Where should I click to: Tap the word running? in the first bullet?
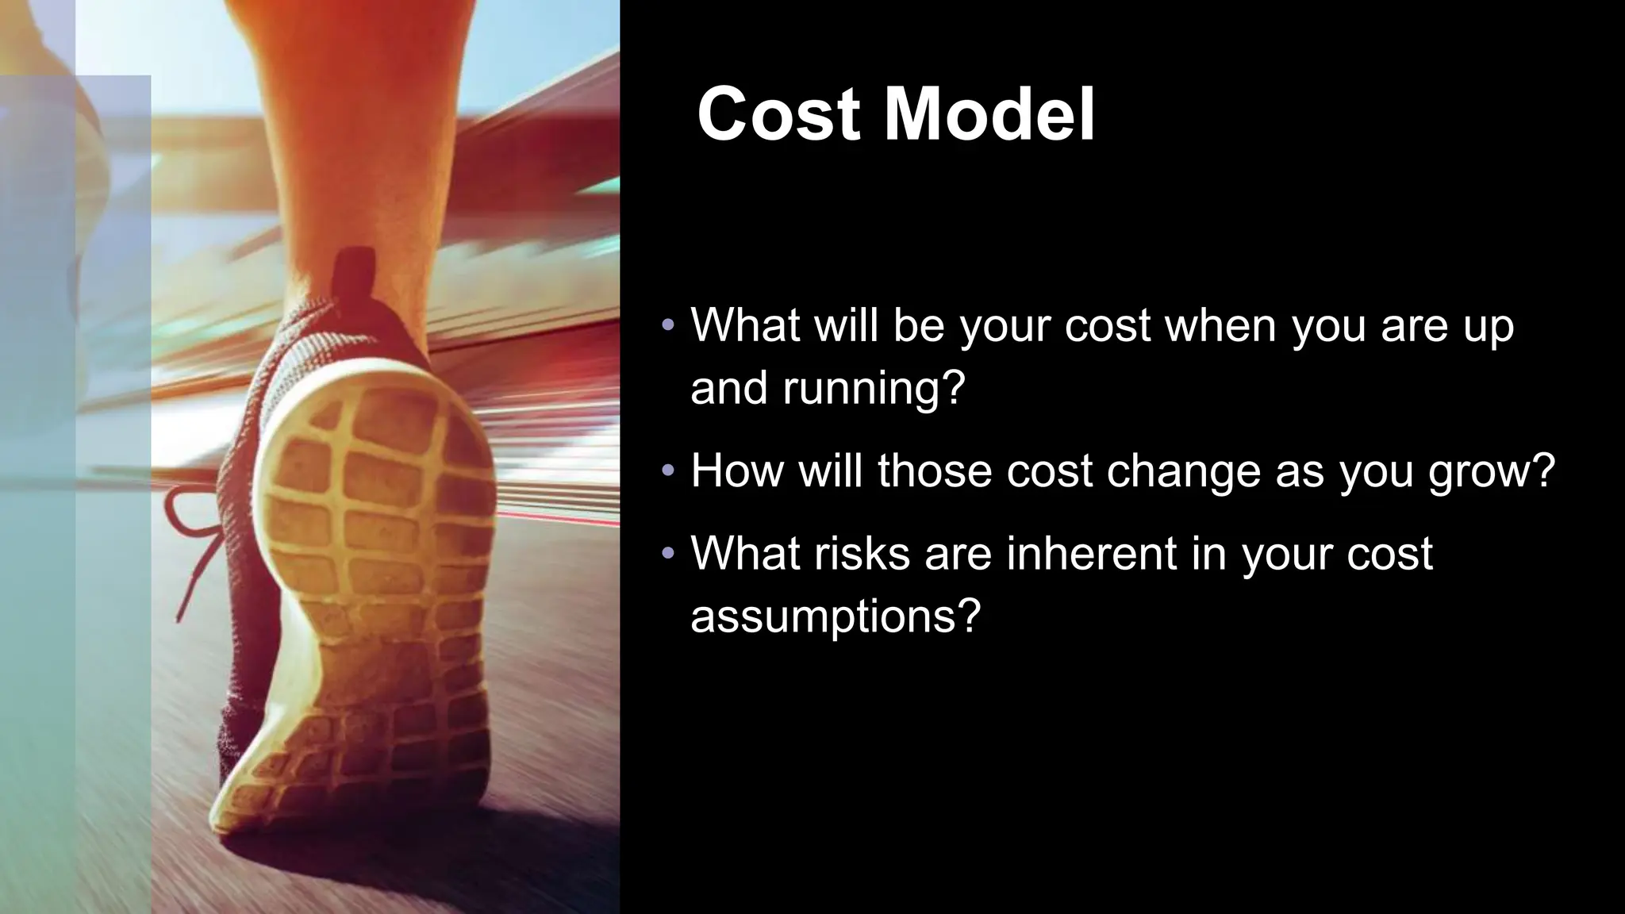point(874,388)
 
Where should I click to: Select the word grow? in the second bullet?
point(1491,471)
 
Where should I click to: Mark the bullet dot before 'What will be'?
point(668,325)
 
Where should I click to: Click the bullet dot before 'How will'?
point(668,471)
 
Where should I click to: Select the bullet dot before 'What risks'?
point(668,553)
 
